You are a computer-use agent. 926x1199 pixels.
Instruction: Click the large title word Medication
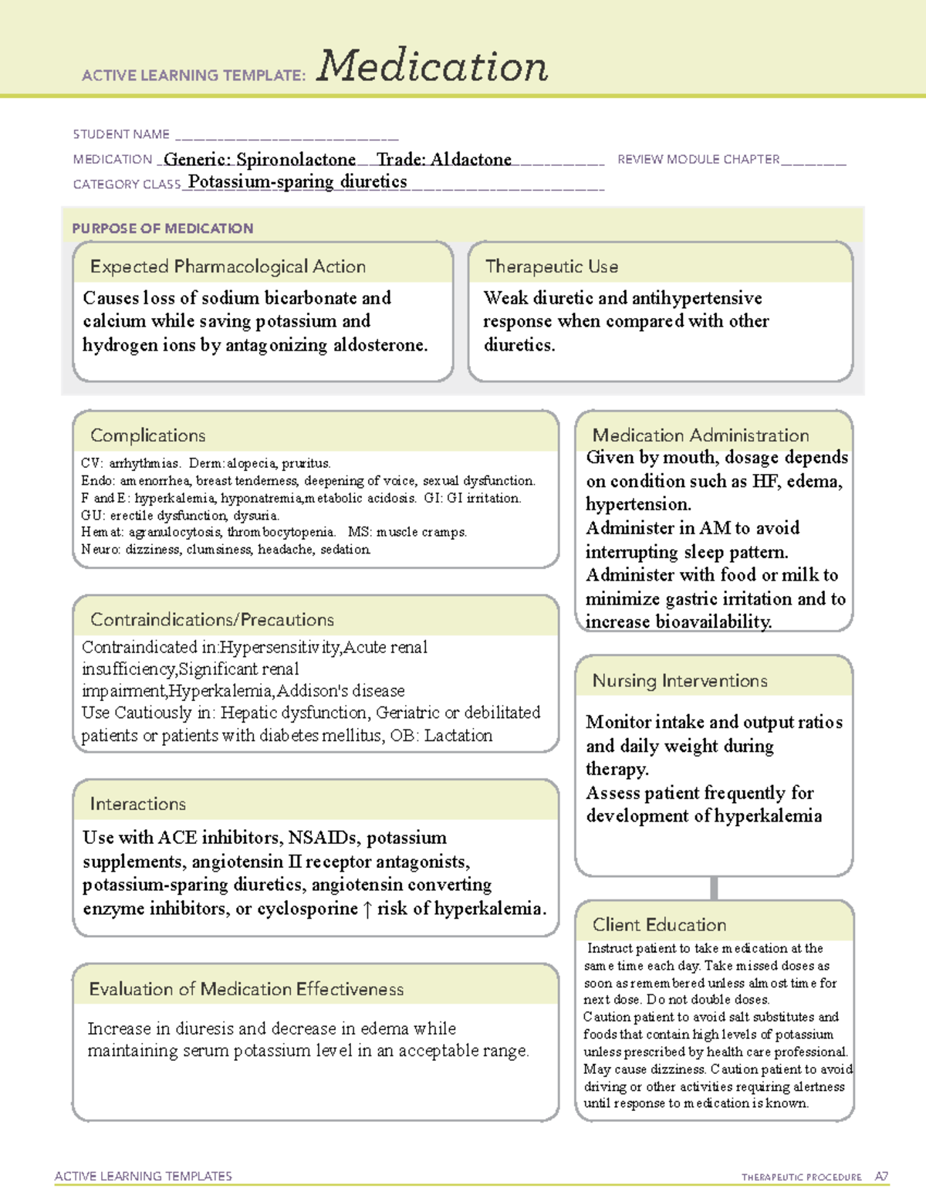pos(432,66)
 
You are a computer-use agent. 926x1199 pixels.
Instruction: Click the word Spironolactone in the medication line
pos(296,160)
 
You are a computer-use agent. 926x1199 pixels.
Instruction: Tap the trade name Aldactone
pos(471,160)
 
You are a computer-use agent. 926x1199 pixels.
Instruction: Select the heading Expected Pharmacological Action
pos(228,266)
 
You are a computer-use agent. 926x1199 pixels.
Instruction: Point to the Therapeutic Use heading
pos(552,266)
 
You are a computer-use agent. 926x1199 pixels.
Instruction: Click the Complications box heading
pos(147,435)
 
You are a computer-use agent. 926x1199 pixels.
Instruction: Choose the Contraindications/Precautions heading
pos(212,619)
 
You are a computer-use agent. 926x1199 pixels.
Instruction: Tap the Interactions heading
pos(137,804)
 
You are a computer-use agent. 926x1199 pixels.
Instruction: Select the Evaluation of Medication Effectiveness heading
pos(246,989)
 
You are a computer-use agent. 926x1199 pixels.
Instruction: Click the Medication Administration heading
pos(701,435)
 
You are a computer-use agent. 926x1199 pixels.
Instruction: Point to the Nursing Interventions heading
pos(680,680)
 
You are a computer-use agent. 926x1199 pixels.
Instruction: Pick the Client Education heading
pos(659,924)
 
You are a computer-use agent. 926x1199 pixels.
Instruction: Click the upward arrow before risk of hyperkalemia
pos(367,909)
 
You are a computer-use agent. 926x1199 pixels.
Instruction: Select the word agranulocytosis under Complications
pos(175,532)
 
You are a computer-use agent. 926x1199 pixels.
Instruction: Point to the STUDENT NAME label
pos(121,134)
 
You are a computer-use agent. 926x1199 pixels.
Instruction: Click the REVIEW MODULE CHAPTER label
pos(698,160)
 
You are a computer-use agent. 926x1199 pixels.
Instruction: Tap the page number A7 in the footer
pos(881,1177)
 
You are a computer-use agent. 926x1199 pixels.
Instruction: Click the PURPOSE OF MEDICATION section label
pos(163,229)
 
